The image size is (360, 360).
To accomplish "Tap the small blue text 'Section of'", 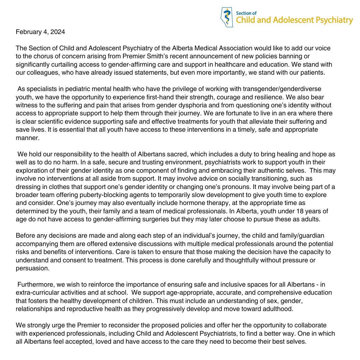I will tap(244, 13).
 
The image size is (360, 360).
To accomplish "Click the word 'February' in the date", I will tap(28, 33).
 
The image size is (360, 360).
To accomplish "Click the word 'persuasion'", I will tap(31, 268).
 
